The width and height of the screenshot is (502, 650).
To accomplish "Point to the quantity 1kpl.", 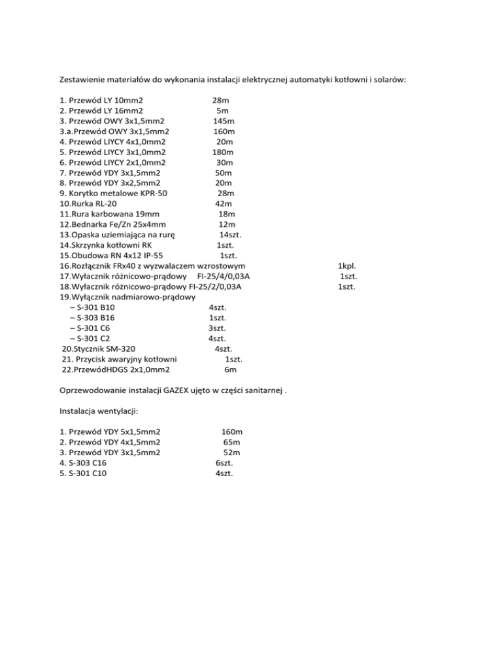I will [346, 266].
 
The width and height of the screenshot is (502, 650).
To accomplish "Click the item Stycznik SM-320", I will [99, 349].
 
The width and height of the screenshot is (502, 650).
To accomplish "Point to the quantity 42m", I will [224, 204].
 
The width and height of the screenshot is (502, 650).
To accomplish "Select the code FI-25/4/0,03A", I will [224, 276].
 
